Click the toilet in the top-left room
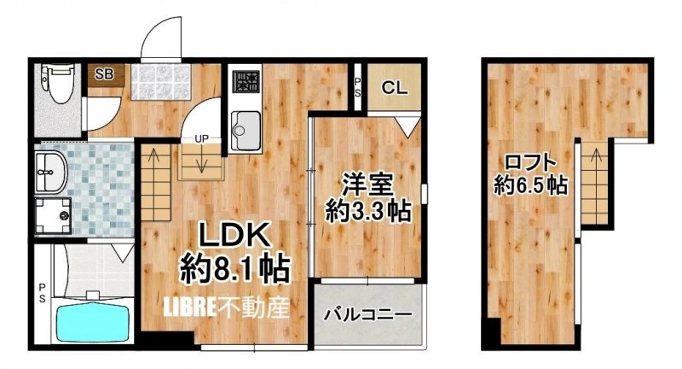pos(57,84)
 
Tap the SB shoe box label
pos(104,74)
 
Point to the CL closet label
pos(395,88)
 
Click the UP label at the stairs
pos(201,139)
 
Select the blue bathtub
pos(93,322)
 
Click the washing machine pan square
pos(53,215)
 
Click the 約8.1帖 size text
pos(235,269)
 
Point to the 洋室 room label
pos(367,185)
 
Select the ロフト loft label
pos(530,163)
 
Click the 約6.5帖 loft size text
pos(531,186)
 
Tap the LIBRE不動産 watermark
pos(226,308)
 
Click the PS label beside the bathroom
pos(42,293)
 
